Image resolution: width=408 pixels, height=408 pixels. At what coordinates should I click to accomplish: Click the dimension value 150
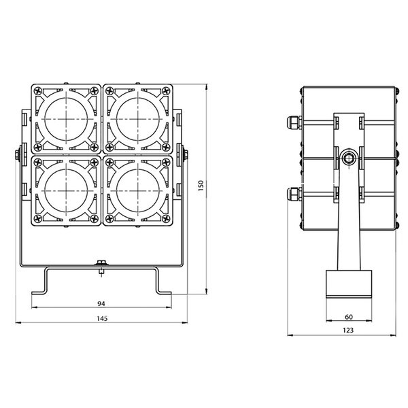[x=200, y=186]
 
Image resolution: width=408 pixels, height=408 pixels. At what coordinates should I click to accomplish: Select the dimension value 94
[x=101, y=303]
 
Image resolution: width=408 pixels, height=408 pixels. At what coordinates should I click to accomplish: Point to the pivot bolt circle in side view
[x=349, y=158]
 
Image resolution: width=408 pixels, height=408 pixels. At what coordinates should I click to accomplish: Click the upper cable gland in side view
[x=293, y=123]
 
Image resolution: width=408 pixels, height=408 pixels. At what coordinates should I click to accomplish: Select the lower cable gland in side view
[x=293, y=194]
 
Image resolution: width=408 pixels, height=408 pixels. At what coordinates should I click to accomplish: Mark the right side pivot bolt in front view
[x=184, y=155]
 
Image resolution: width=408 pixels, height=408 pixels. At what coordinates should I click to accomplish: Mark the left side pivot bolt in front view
[x=18, y=155]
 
